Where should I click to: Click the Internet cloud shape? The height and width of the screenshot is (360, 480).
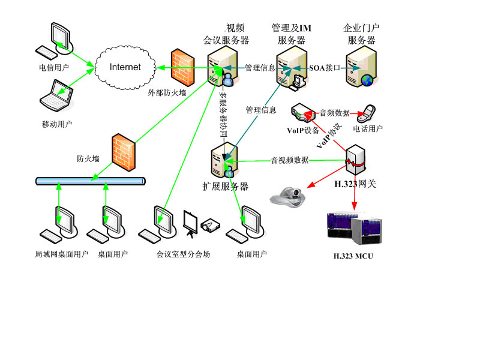(125, 67)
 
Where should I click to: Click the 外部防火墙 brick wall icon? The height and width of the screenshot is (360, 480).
(182, 67)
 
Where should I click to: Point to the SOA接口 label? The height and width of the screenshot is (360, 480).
(324, 68)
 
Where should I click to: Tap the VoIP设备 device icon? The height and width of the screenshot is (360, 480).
(304, 113)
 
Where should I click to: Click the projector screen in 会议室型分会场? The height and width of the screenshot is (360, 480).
(191, 221)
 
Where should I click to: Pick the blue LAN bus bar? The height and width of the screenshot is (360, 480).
(90, 181)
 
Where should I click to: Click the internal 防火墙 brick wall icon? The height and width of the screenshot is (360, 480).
(122, 153)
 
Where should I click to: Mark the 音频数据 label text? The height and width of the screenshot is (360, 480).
(335, 113)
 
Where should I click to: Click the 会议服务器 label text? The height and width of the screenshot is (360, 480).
(226, 40)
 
